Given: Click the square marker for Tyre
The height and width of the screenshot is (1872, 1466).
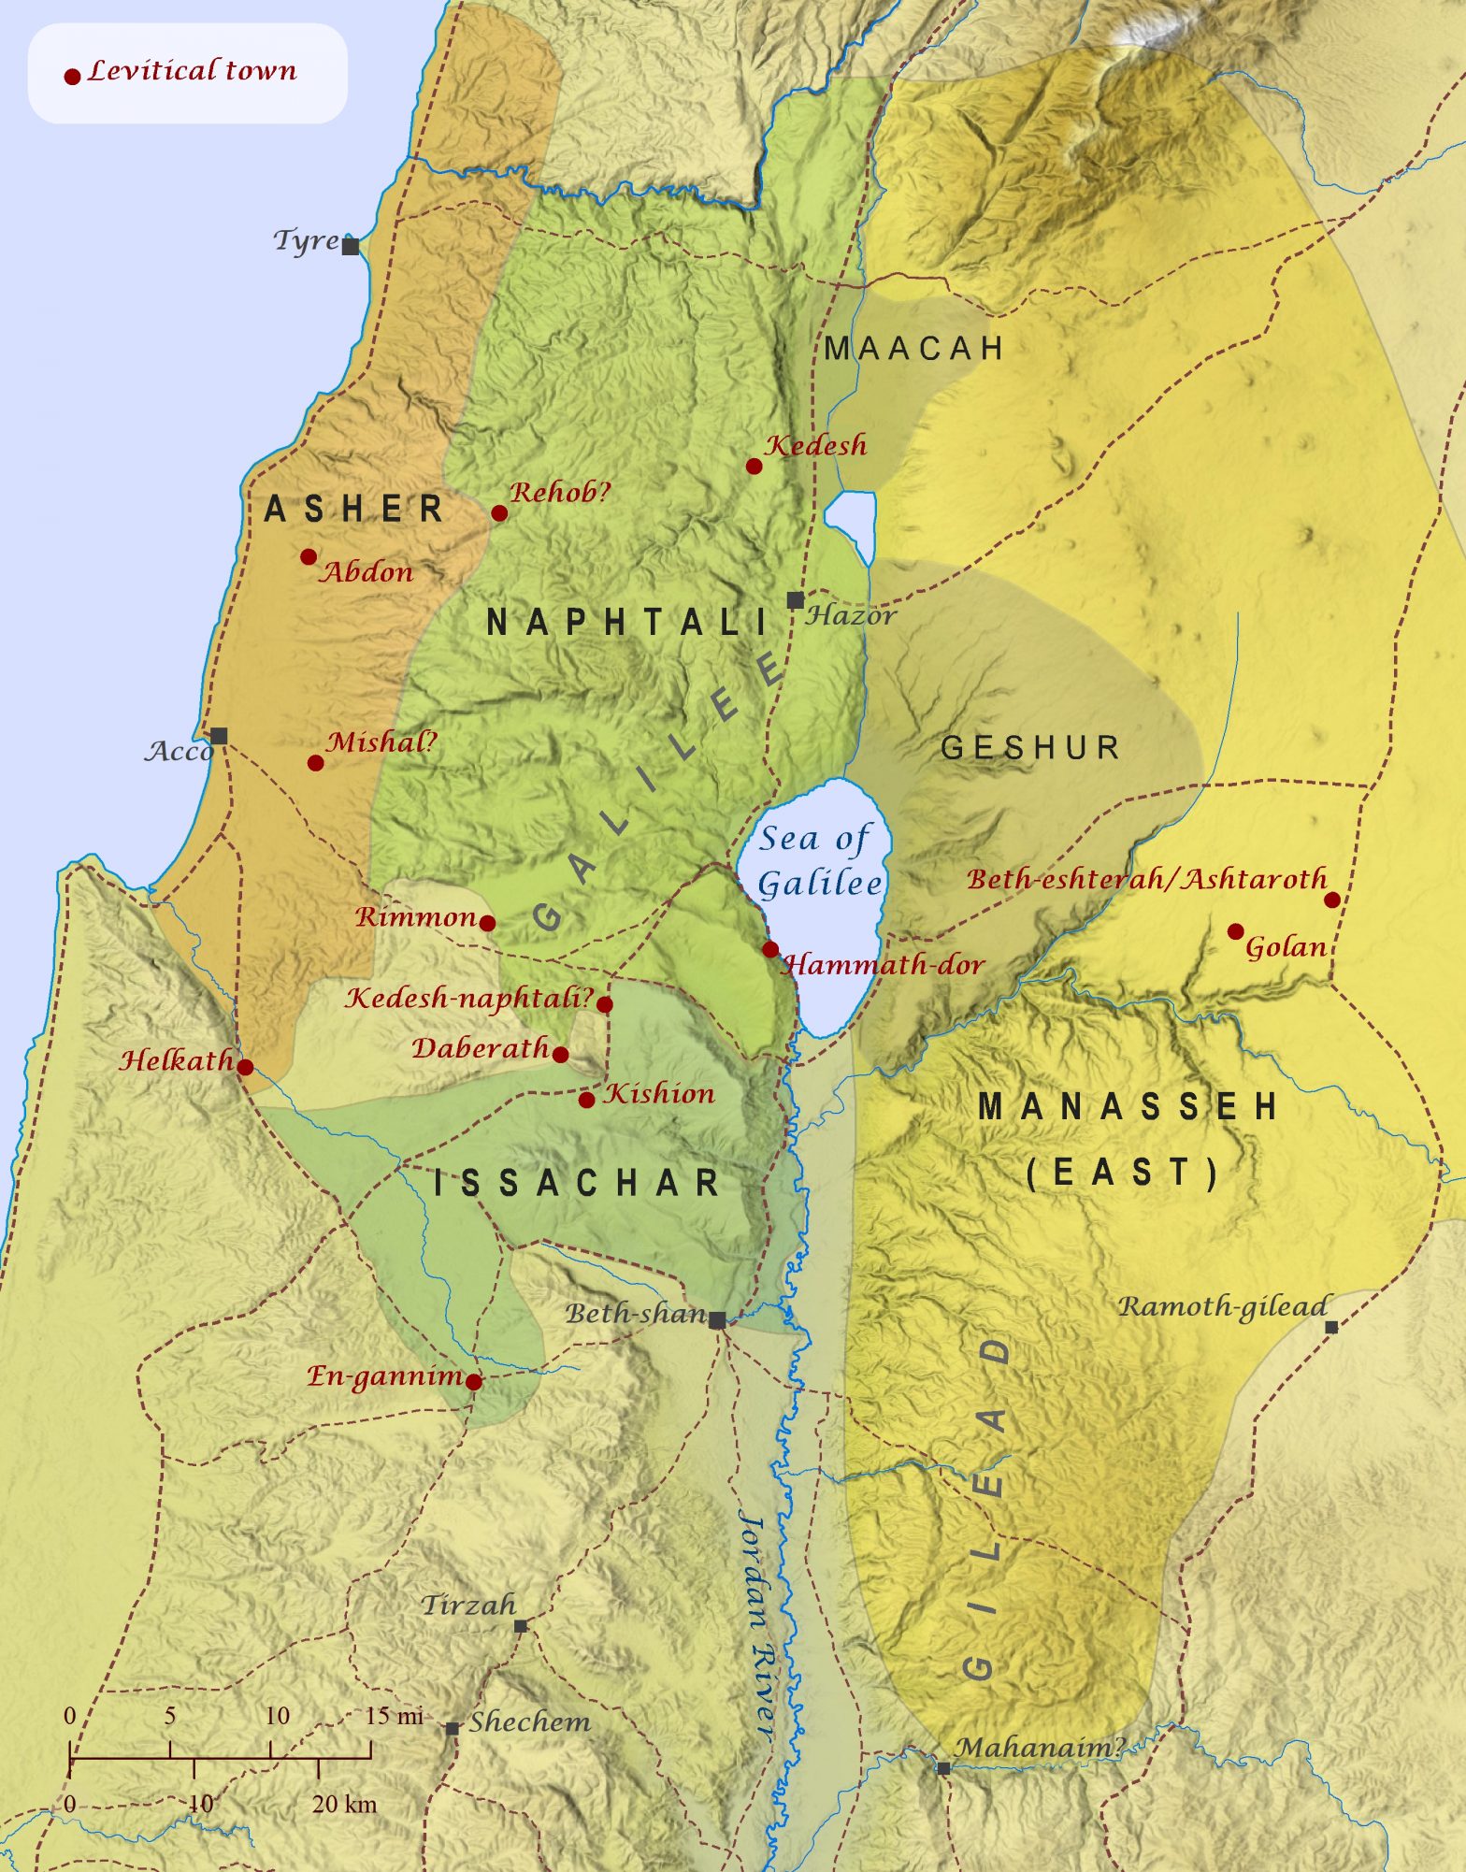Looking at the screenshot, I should point(351,247).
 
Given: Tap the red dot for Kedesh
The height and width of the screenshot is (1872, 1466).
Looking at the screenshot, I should point(754,466).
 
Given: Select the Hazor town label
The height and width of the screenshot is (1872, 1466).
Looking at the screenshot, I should point(851,615).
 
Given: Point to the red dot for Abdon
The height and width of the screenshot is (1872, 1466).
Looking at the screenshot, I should point(309,557).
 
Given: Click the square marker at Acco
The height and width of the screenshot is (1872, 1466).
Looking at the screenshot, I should point(219,736).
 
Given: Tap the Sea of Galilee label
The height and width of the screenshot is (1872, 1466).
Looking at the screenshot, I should point(818,861).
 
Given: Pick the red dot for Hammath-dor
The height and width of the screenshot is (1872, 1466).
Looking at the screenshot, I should point(769,949).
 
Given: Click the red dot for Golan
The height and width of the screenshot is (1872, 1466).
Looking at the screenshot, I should point(1235,931).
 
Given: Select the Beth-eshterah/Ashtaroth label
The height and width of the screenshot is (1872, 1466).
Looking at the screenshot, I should point(1146,879).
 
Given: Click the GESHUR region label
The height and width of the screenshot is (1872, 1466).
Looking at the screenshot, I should point(1030,747).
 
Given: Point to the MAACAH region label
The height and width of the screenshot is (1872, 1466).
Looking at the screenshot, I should point(913,349).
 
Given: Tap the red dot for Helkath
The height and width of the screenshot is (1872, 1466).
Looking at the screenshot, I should point(245,1067).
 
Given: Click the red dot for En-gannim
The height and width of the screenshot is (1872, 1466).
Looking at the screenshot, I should point(474,1382).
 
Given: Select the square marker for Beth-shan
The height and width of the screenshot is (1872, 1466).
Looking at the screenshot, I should point(717,1320).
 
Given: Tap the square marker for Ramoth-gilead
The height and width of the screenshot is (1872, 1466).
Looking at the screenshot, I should point(1331,1327).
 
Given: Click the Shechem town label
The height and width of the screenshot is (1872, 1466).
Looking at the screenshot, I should point(529,1722).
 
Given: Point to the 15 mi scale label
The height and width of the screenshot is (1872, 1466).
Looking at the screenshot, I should point(394,1716).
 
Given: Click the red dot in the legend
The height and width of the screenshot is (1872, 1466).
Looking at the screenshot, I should point(72,77).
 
